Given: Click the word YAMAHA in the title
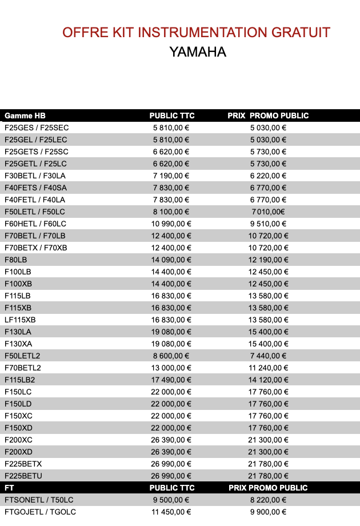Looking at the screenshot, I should coord(198,52).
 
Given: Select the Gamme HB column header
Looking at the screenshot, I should coord(25,115).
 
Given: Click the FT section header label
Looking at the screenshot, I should coord(9,488).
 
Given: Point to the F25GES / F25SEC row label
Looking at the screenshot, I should coord(37,127).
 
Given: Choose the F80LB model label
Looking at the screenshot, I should coord(16,260).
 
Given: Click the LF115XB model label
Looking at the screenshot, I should coord(20,320).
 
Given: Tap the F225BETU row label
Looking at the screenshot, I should coord(23,476).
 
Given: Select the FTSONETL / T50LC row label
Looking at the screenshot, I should coord(39,500).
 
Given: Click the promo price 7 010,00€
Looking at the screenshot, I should coord(267,212).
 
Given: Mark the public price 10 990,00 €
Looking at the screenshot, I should coord(171,224).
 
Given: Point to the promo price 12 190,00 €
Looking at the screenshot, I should coord(268,260).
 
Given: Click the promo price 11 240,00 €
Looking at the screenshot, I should coord(268,368).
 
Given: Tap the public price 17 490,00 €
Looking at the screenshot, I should coord(171,380).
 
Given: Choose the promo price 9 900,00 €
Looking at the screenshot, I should coord(268,512).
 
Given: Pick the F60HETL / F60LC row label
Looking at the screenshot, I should coord(35,224).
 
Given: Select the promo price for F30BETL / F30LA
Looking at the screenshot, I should coord(268,176).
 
